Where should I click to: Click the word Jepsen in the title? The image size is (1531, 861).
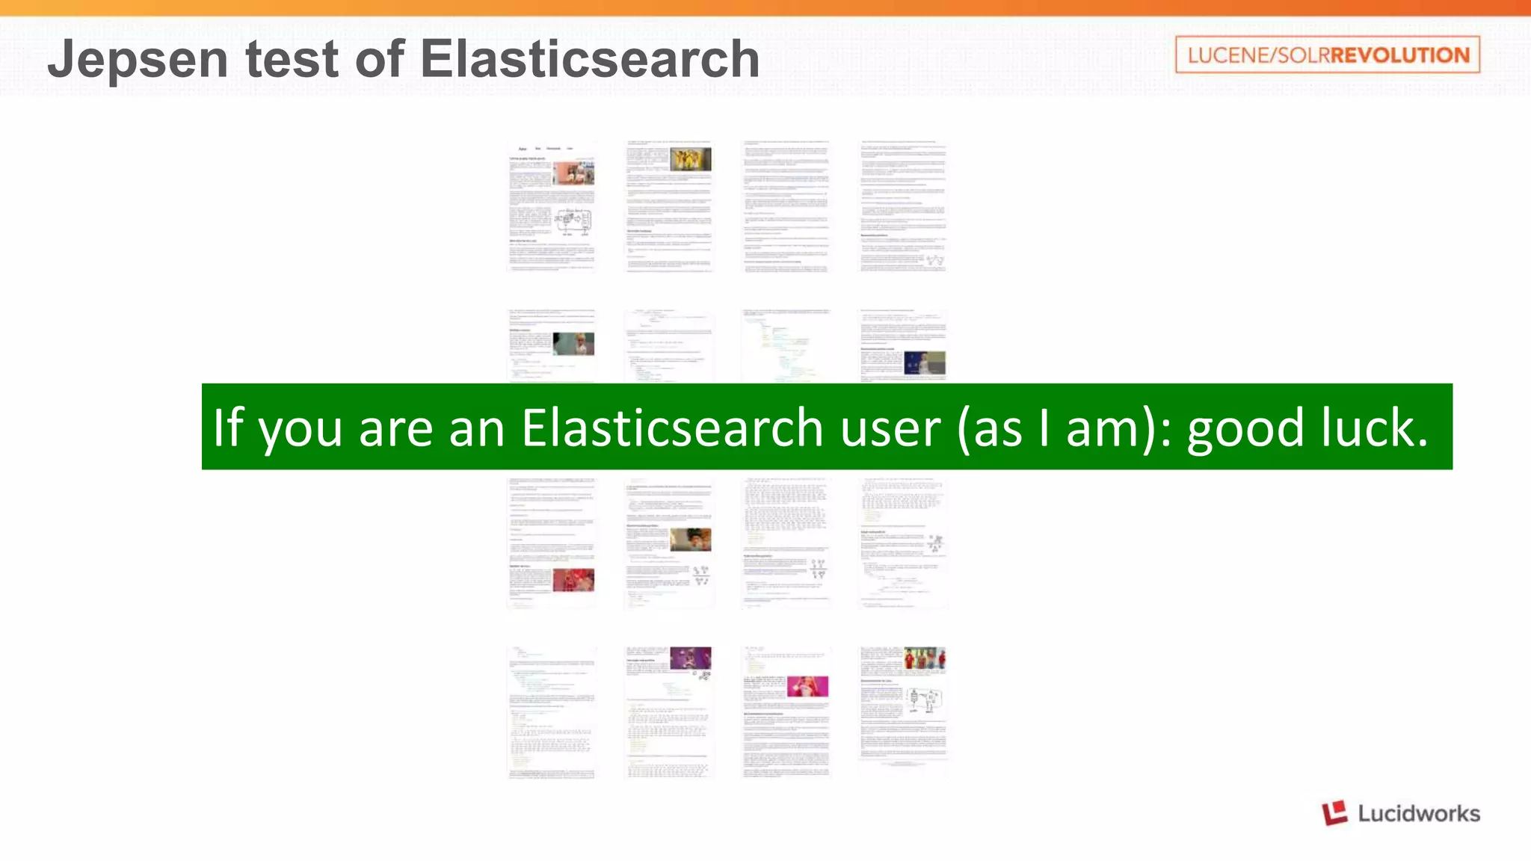[138, 59]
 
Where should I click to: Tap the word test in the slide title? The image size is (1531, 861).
[292, 59]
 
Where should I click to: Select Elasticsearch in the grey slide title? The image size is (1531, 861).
[590, 59]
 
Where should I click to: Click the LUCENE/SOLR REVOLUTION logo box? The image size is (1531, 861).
[1327, 55]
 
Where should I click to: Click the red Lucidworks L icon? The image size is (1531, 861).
[1334, 812]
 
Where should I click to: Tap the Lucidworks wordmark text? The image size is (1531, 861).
[1418, 813]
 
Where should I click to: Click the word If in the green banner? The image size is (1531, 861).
[228, 427]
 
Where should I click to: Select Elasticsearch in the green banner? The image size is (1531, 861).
[672, 427]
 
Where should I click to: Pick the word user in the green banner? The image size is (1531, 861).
[890, 427]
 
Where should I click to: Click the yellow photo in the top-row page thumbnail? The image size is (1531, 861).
[690, 159]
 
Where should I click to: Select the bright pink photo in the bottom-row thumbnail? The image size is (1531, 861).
[807, 686]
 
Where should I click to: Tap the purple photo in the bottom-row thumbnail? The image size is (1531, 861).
[690, 658]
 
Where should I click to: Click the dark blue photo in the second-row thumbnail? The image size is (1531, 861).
[925, 363]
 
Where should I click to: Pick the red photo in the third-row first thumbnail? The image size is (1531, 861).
[573, 580]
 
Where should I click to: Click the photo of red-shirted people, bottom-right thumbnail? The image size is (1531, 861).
[925, 659]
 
